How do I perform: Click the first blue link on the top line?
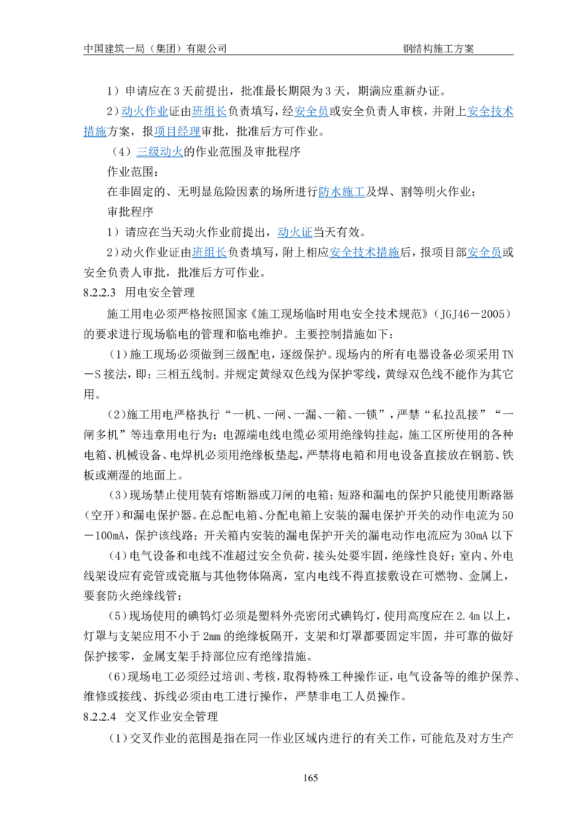click(x=144, y=112)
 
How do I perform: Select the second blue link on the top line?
click(x=209, y=112)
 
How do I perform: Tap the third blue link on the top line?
click(x=311, y=112)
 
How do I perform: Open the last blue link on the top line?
click(x=490, y=112)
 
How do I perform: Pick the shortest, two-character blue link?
click(x=95, y=132)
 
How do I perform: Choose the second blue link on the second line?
click(x=178, y=132)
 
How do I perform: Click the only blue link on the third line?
click(x=160, y=153)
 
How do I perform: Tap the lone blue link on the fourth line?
click(x=341, y=192)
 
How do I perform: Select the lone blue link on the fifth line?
click(x=294, y=232)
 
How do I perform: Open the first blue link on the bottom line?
click(x=209, y=253)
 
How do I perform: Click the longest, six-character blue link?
click(x=364, y=253)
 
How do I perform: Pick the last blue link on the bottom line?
click(x=485, y=253)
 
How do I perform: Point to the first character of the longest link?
click(x=334, y=253)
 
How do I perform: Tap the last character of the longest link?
click(x=395, y=253)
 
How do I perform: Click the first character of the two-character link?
click(x=88, y=132)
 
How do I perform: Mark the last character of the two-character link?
click(x=101, y=132)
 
